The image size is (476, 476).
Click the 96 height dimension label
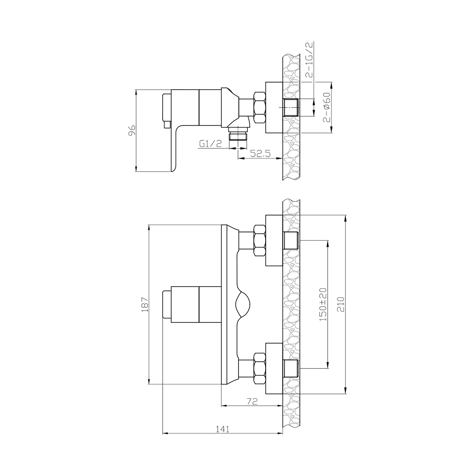[x=132, y=130]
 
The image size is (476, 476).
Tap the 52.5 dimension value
[x=260, y=154]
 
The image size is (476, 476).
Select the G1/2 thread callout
[x=211, y=144]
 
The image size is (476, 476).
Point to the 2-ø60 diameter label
[x=327, y=108]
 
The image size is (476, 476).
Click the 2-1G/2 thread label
[x=309, y=60]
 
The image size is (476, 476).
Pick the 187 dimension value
[x=145, y=304]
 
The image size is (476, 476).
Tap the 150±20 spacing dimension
[x=323, y=304]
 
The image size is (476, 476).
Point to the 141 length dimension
[x=223, y=429]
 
